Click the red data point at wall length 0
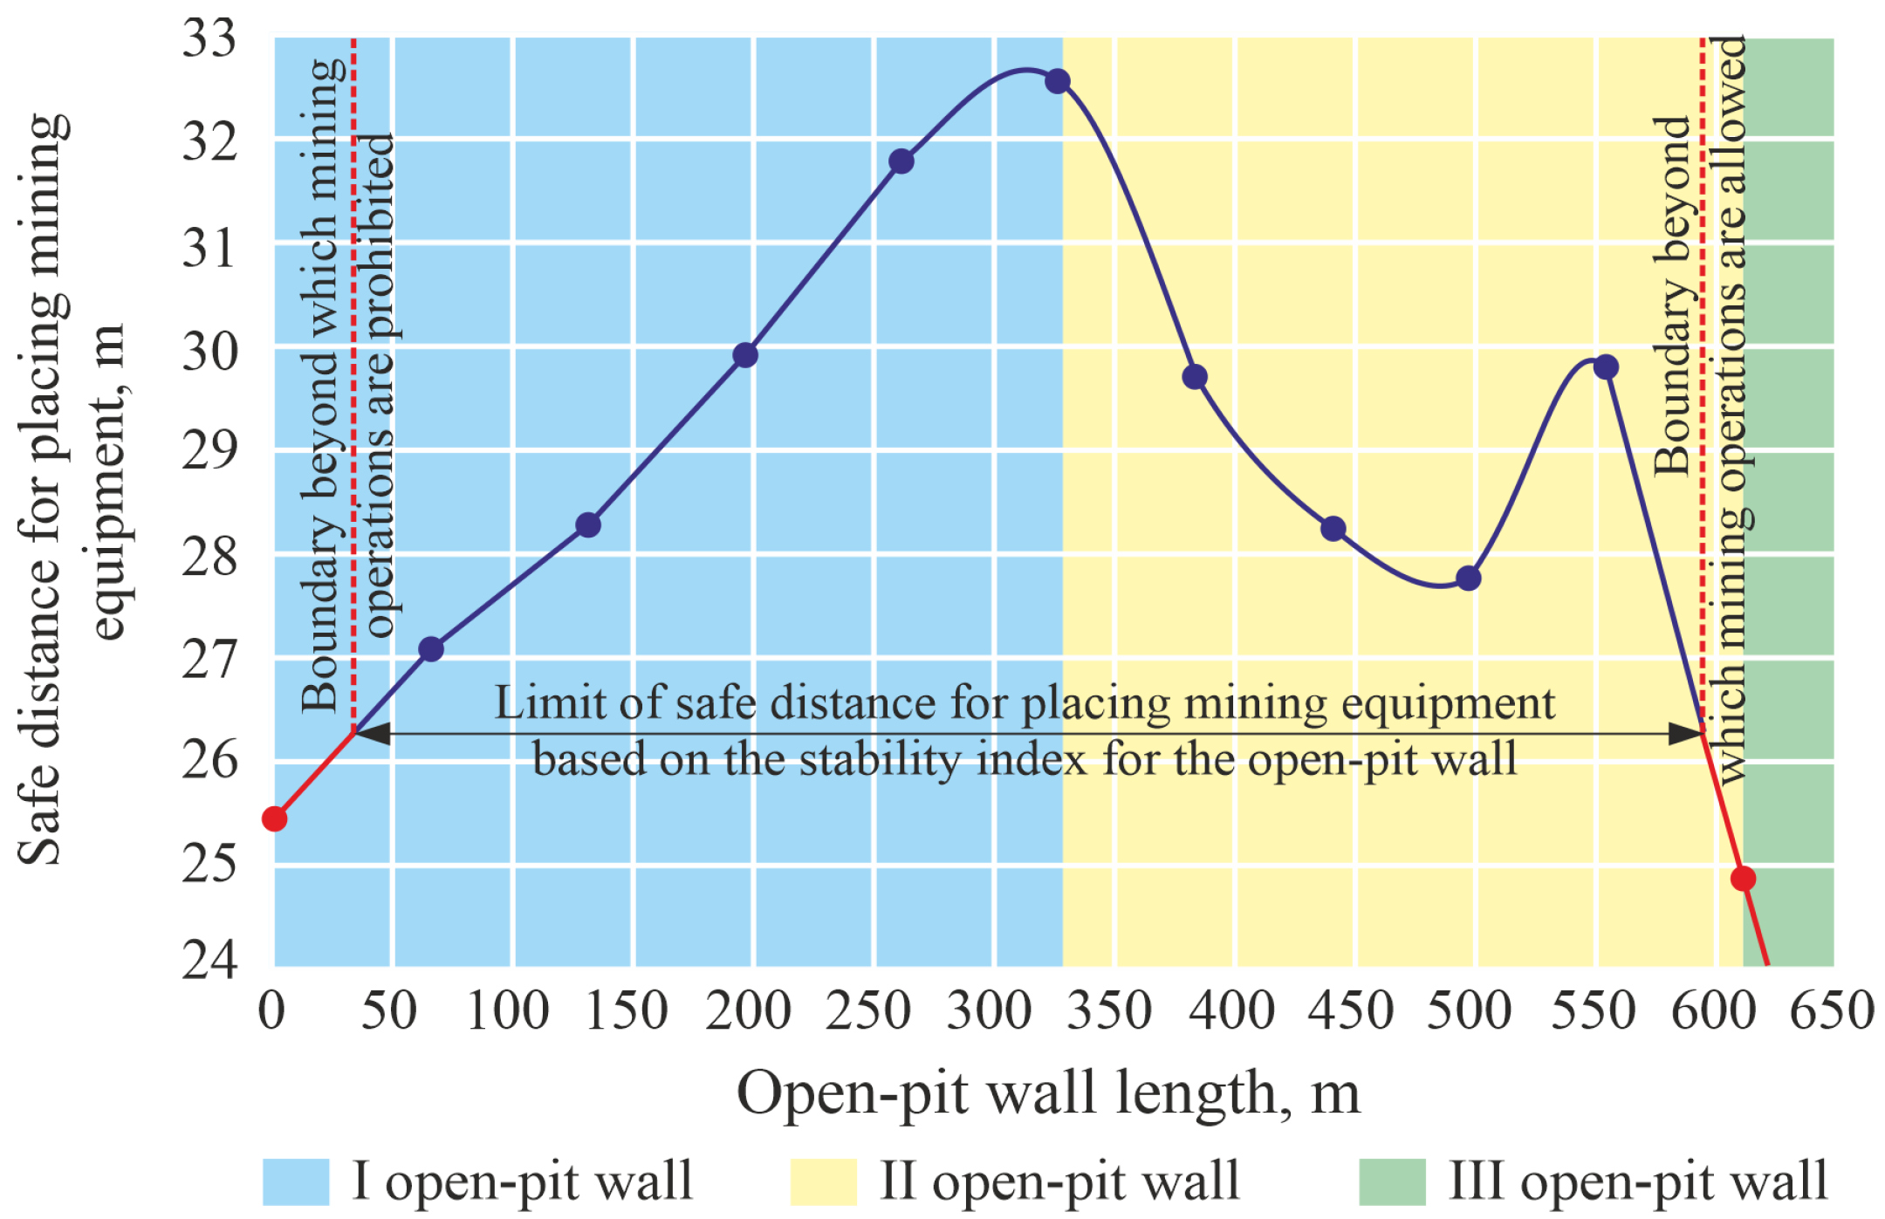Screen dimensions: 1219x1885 (x=275, y=818)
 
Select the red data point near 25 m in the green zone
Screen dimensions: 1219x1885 (x=1743, y=879)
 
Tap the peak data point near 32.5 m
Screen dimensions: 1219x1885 (x=1058, y=82)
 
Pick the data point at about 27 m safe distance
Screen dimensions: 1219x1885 (x=431, y=649)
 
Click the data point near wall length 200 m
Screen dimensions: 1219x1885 (x=745, y=355)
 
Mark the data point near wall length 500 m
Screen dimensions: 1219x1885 (x=1469, y=578)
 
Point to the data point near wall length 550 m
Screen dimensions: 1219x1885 (x=1606, y=367)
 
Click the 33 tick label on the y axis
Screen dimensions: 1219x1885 (x=209, y=39)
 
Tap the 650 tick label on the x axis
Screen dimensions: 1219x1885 (x=1832, y=1011)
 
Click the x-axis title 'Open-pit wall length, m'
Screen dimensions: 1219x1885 (x=1048, y=1092)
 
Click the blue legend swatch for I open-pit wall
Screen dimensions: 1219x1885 (x=296, y=1181)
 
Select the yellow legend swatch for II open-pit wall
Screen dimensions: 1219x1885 (x=823, y=1181)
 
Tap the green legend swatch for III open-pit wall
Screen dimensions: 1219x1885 (x=1392, y=1181)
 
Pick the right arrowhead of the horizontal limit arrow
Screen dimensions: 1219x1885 (x=1684, y=733)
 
